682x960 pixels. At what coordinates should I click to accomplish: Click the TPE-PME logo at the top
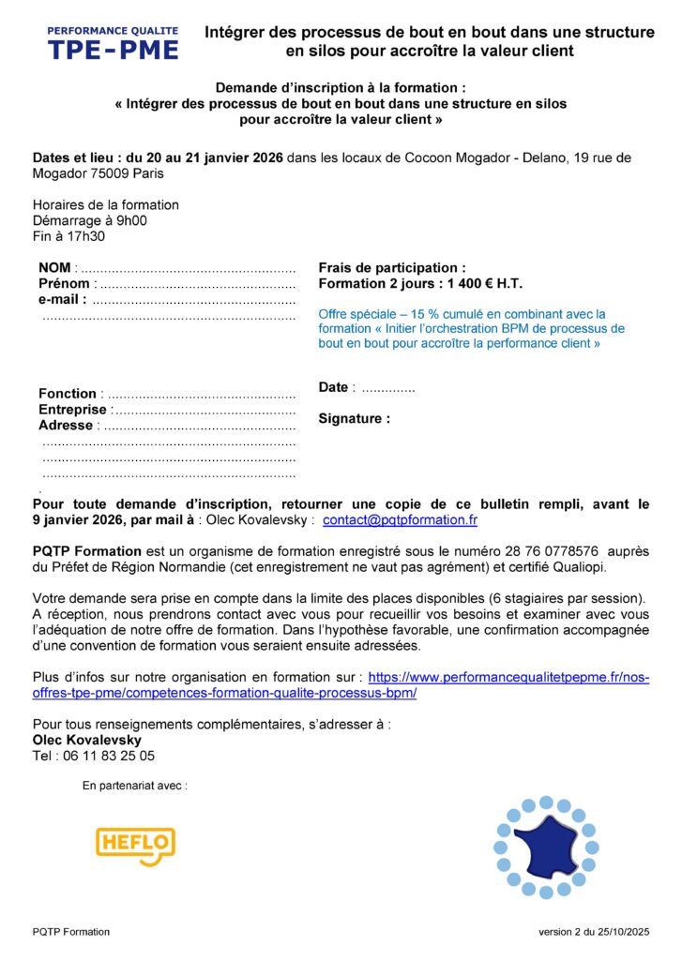(x=114, y=43)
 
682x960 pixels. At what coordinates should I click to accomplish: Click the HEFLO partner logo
(x=135, y=845)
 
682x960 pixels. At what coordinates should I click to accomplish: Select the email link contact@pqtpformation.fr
(x=400, y=519)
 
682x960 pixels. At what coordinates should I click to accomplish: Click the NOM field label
(x=54, y=268)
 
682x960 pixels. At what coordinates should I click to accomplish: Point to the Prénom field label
(x=64, y=284)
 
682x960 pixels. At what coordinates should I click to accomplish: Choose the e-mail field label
(x=62, y=299)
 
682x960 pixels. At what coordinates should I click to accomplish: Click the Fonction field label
(x=67, y=394)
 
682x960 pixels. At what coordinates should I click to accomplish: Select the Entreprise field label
(x=72, y=410)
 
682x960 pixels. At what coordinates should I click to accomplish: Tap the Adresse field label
(x=66, y=426)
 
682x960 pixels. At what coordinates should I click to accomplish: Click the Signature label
(x=354, y=419)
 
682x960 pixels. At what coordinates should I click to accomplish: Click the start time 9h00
(x=130, y=220)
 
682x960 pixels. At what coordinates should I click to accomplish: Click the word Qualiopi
(x=607, y=567)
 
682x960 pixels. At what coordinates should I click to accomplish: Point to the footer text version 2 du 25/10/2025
(x=594, y=932)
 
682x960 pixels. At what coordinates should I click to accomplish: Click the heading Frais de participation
(x=391, y=268)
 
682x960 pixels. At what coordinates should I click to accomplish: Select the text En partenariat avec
(x=134, y=786)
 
